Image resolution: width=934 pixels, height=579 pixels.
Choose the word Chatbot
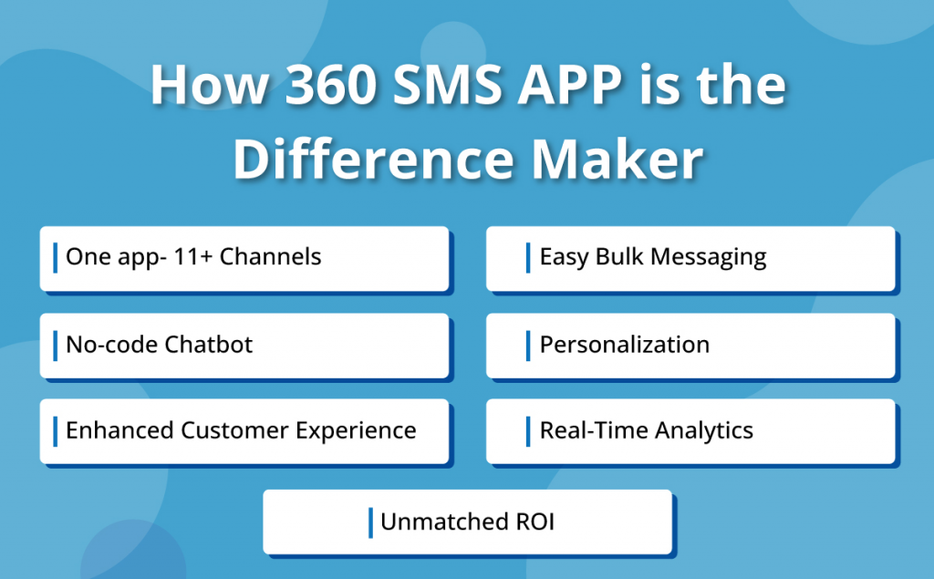coord(209,344)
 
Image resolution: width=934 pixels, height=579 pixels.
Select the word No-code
coord(111,344)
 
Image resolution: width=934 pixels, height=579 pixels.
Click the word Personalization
coord(624,344)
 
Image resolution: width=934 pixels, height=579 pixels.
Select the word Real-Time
coord(591,429)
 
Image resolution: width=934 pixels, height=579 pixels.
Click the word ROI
coord(532,522)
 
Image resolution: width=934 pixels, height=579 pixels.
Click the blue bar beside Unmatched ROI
coord(370,522)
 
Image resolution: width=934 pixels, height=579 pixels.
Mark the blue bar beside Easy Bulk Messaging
coord(528,257)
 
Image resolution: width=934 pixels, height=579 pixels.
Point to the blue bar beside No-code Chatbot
coord(56,344)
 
